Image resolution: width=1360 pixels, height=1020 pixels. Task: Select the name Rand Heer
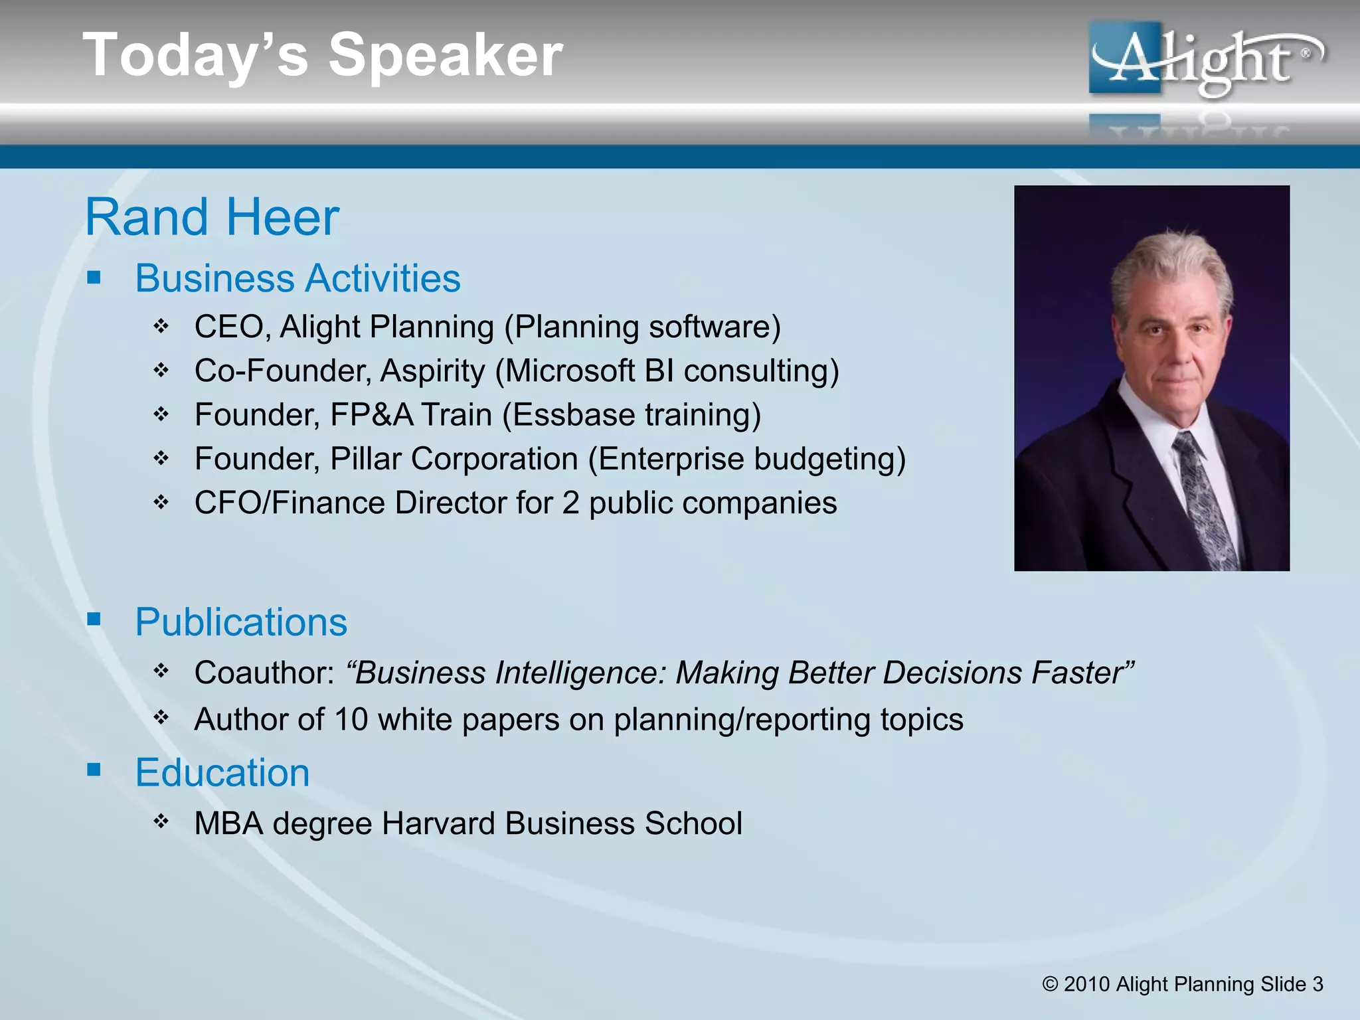(212, 217)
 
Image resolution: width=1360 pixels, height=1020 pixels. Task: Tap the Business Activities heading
(297, 278)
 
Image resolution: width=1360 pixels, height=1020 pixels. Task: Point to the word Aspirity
(432, 371)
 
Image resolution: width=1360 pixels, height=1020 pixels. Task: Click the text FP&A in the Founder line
(371, 415)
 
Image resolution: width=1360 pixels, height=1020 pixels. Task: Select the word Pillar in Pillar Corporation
(366, 459)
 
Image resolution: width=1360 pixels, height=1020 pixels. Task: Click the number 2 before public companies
(570, 503)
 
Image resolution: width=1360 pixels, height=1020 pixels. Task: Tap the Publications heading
(241, 622)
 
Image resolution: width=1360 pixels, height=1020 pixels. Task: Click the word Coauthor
(264, 673)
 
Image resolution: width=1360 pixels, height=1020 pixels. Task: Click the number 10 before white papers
(351, 720)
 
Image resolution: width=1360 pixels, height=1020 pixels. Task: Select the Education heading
(222, 773)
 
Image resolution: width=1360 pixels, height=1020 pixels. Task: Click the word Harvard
(438, 823)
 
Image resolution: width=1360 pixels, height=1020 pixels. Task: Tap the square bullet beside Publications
(94, 620)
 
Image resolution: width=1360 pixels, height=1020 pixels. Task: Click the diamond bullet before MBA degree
(161, 821)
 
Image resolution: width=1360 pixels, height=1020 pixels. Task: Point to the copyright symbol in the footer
(1050, 984)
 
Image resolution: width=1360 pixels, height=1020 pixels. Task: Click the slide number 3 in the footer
(1317, 984)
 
